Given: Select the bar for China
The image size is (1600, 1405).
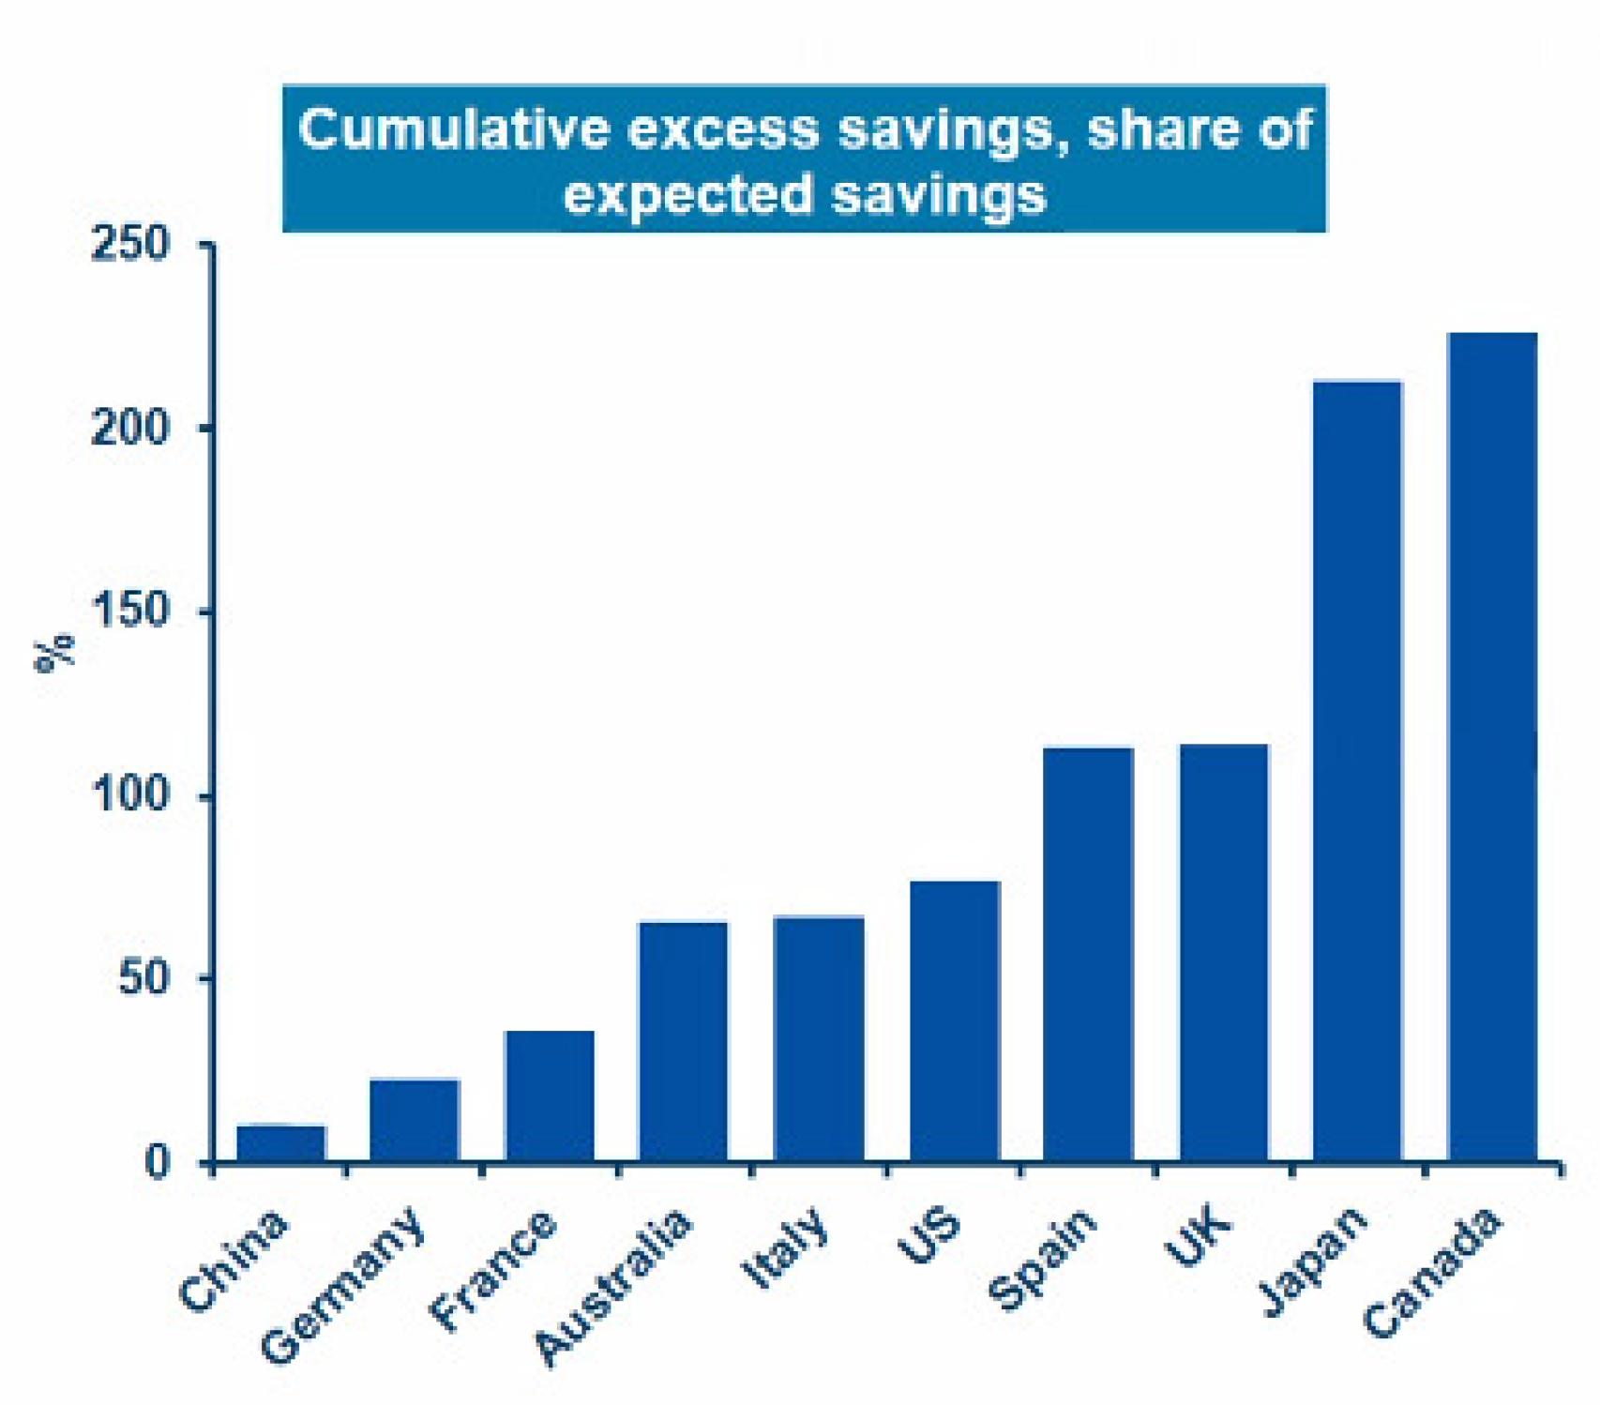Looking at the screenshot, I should click(280, 1144).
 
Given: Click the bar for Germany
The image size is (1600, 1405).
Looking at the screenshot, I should click(415, 1121).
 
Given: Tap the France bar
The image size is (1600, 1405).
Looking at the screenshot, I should click(550, 1096).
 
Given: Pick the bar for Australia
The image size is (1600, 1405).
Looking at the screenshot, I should click(683, 1042).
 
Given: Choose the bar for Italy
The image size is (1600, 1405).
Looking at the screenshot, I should click(819, 1039).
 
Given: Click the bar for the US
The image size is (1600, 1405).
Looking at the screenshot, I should click(955, 1021).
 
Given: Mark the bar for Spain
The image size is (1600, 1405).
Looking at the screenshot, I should click(1089, 955).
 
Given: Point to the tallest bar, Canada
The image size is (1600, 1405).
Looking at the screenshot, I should click(1492, 748).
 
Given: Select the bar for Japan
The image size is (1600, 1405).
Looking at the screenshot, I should click(1357, 772).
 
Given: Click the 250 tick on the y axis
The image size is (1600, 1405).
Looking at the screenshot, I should click(130, 246).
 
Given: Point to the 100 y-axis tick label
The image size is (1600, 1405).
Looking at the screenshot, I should click(130, 796).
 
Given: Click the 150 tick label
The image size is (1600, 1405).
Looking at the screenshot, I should click(130, 612).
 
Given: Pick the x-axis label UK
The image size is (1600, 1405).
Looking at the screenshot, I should click(1197, 1237).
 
